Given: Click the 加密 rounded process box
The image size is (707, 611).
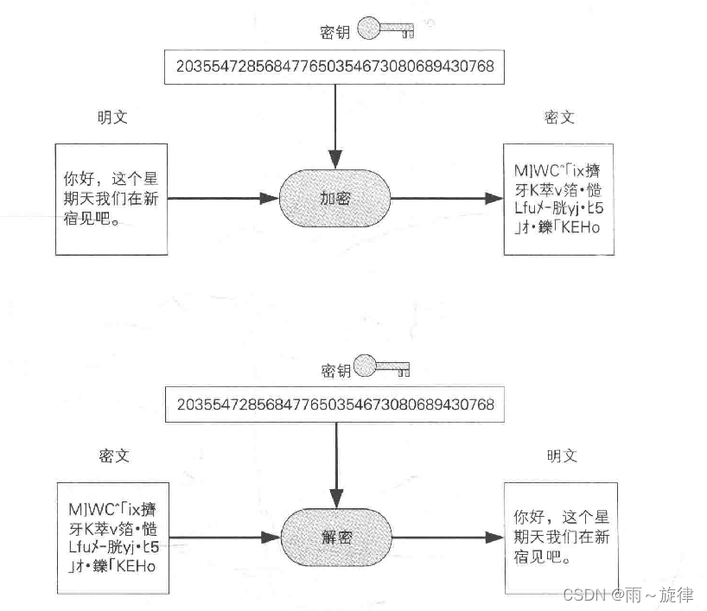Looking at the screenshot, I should [335, 199].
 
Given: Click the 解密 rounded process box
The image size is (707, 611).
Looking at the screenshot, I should [335, 538].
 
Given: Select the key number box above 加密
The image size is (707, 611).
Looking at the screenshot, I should [335, 67].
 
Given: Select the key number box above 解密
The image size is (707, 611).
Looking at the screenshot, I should [335, 405].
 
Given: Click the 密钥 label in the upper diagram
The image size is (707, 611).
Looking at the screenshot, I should [334, 32].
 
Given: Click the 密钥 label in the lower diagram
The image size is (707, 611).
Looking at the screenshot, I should [336, 371].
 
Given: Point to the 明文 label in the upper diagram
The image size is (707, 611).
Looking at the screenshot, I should [112, 118].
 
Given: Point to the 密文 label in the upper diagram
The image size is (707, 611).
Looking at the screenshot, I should [559, 118].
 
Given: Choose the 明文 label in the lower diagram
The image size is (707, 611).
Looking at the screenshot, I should [562, 455].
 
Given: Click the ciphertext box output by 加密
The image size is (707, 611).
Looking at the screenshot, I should [559, 200].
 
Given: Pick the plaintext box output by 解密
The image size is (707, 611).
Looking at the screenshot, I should [559, 538].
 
